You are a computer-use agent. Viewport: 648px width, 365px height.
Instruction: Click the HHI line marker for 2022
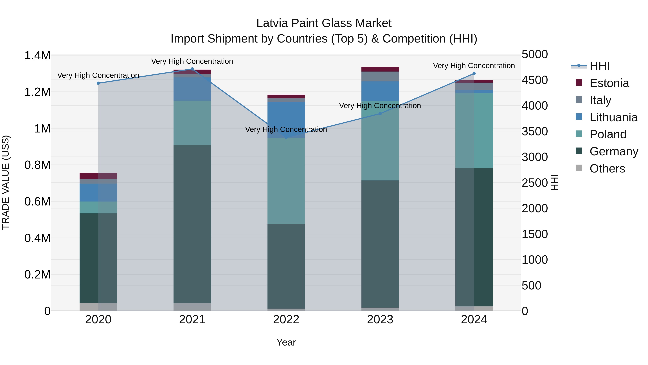(286, 138)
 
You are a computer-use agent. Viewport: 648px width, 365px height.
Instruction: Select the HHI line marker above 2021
(192, 69)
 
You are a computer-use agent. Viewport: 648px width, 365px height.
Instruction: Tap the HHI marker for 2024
(474, 74)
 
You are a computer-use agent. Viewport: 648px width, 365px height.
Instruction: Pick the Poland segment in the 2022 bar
(286, 181)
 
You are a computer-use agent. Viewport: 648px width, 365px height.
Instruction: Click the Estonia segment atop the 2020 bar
(98, 176)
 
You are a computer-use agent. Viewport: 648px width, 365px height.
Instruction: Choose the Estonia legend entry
(609, 83)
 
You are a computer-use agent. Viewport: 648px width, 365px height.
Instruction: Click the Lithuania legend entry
(613, 117)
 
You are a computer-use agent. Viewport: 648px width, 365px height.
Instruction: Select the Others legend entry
(607, 169)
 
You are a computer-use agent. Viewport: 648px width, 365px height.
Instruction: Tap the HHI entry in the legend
(599, 66)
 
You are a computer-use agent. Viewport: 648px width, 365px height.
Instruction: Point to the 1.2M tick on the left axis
(37, 92)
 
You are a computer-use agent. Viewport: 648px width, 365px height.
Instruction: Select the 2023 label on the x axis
(380, 319)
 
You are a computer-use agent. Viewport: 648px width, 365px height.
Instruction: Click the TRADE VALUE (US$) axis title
(6, 182)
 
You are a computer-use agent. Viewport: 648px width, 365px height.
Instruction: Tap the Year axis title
(286, 342)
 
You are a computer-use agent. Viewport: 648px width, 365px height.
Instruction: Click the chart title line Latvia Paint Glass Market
(324, 23)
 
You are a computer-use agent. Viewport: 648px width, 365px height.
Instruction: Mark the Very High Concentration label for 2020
(98, 75)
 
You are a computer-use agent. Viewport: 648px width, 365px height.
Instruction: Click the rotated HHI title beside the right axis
(554, 182)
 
